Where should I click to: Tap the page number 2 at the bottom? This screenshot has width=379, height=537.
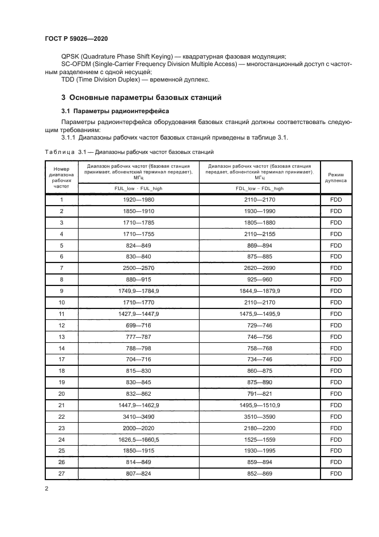point(46,488)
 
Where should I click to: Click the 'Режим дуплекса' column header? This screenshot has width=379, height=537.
point(335,177)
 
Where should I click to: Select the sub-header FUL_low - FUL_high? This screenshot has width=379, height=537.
point(138,188)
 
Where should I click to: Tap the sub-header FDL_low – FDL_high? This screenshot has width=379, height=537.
point(259,188)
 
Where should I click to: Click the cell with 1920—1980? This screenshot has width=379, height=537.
point(138,200)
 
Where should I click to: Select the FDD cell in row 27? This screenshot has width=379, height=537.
point(335,473)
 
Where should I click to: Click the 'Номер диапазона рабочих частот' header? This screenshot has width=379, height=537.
point(61,177)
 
